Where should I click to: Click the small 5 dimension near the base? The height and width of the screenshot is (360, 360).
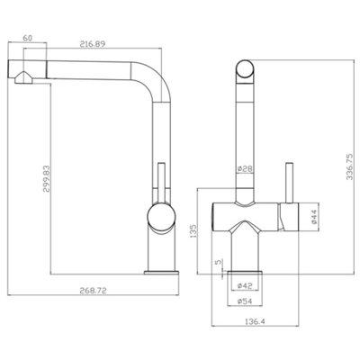pyautogui.click(x=218, y=265)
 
